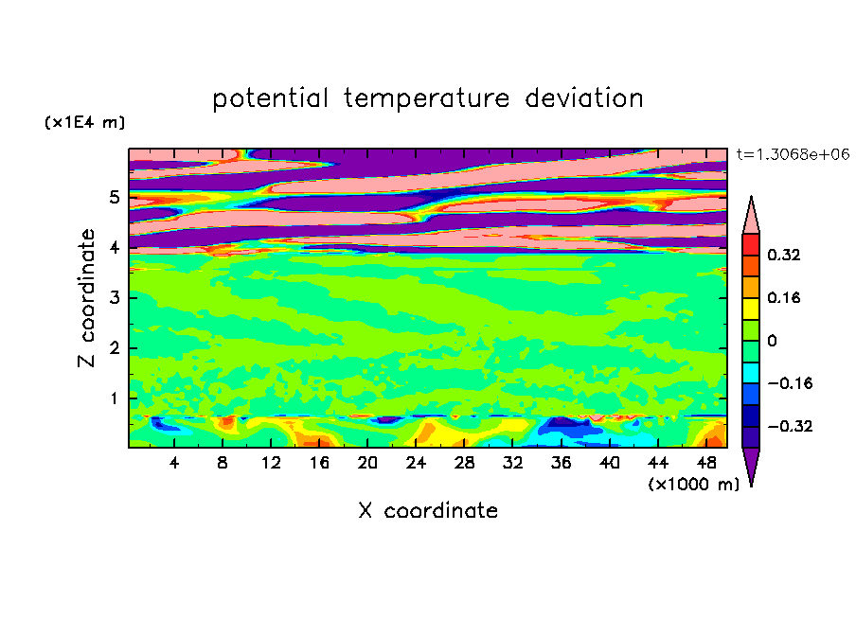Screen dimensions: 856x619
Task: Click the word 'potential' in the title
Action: (x=270, y=99)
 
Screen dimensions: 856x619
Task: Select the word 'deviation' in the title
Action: (x=584, y=98)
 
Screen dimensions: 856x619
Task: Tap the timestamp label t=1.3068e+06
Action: (x=793, y=154)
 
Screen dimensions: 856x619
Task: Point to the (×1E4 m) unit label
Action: (x=84, y=123)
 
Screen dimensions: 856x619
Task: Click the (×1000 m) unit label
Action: (x=693, y=485)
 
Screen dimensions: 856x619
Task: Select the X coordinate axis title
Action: (x=428, y=511)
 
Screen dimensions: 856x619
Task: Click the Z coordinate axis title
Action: (x=87, y=298)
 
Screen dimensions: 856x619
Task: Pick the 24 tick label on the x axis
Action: (x=416, y=463)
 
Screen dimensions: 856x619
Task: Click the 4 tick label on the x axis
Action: (x=173, y=463)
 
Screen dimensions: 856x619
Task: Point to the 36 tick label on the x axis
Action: (x=561, y=463)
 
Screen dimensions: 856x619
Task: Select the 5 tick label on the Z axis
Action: (x=114, y=197)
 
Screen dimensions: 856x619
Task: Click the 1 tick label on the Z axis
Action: (x=114, y=398)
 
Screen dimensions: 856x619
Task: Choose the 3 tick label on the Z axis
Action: (x=114, y=298)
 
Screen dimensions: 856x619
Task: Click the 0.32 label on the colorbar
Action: (x=784, y=255)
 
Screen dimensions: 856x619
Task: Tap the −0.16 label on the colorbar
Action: (x=790, y=383)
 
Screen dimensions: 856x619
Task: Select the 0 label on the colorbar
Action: (x=772, y=341)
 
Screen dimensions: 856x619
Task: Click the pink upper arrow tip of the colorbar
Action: (x=751, y=197)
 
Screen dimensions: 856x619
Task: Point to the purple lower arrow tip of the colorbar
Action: (x=751, y=486)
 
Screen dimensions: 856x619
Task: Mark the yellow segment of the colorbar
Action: (x=751, y=309)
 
